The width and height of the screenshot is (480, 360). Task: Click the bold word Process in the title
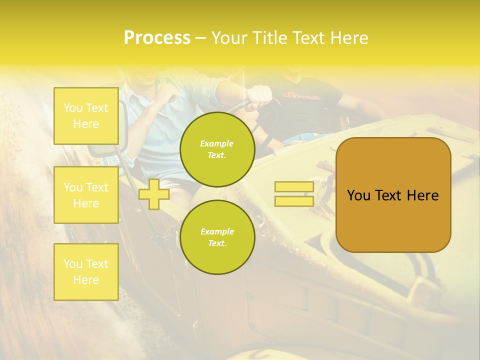point(157,38)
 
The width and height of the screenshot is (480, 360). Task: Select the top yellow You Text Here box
point(86,116)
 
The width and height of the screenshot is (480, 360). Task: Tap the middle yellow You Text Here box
point(86,195)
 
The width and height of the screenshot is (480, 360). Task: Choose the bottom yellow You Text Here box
point(86,271)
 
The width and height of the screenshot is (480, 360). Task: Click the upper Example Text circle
point(217,149)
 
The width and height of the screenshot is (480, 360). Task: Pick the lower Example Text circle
point(217,237)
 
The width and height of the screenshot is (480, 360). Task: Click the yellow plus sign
point(154,194)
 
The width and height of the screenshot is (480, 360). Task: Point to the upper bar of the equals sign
point(294,187)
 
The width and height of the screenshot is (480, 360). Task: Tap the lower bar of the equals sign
point(294,201)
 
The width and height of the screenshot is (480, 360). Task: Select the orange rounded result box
point(393,220)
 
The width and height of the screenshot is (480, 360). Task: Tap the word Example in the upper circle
point(217,143)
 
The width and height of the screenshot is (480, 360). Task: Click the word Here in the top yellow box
point(86,124)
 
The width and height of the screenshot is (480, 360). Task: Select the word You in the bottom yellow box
point(73,264)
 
